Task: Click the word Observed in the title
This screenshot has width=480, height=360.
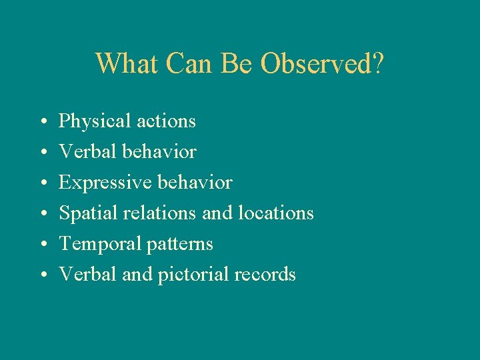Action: click(x=322, y=64)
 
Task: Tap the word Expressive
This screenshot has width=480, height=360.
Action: click(x=100, y=183)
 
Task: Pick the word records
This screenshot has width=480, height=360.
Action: click(x=265, y=275)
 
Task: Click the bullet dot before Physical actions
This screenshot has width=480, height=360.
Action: click(x=43, y=123)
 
